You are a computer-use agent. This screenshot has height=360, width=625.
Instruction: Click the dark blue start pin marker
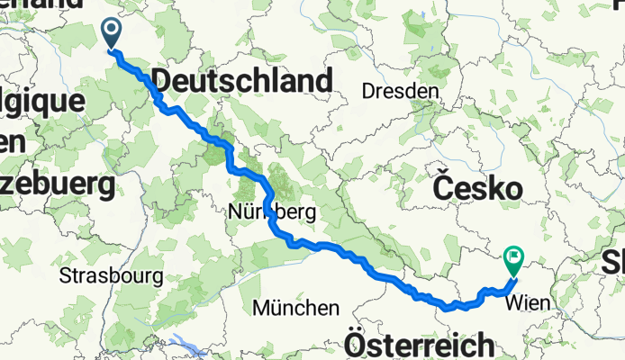[x=113, y=33]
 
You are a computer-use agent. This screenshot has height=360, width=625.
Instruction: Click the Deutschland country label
[x=242, y=82]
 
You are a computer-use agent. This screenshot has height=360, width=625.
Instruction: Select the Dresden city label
[x=400, y=91]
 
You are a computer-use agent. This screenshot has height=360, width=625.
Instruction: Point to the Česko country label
[x=477, y=188]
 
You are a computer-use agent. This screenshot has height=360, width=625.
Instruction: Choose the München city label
[x=296, y=308]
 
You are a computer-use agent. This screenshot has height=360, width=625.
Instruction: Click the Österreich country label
[x=420, y=346]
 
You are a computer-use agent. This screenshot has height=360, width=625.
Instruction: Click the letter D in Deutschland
[x=163, y=82]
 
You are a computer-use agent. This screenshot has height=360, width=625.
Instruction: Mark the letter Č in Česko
[x=443, y=188]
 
